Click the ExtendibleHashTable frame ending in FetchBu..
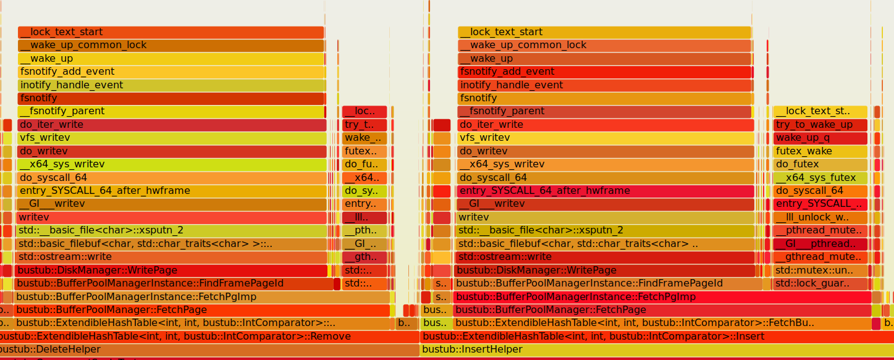(662, 323)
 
